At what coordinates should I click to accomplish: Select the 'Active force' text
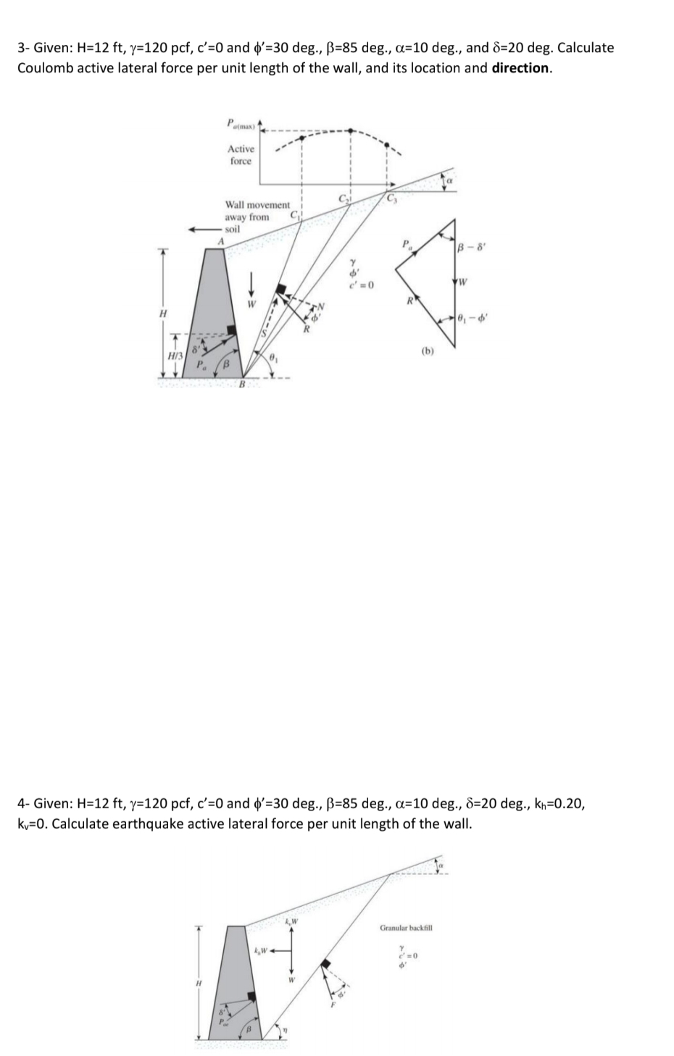tap(241, 155)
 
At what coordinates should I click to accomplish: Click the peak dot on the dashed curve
tap(351, 131)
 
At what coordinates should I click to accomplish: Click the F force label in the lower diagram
tap(334, 1005)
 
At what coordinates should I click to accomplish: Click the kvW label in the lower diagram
tap(291, 921)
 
